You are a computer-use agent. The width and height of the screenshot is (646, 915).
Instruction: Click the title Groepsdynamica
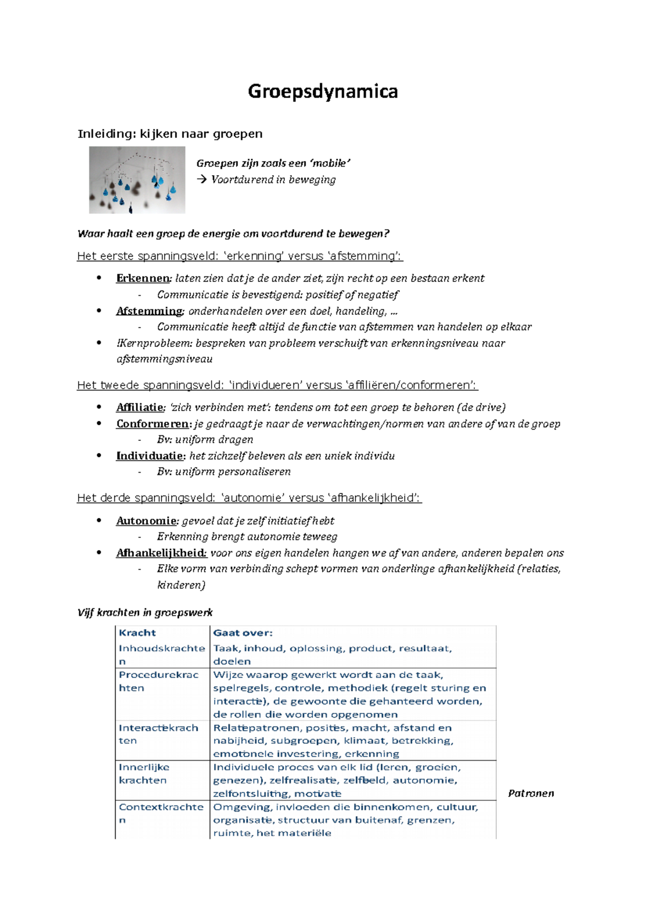322,92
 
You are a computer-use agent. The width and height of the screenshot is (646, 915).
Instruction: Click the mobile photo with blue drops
137,180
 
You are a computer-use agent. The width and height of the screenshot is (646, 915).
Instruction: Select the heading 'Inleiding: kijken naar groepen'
170,134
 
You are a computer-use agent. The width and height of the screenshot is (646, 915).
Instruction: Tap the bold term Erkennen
143,278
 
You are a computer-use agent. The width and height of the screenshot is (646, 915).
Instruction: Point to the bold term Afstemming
149,311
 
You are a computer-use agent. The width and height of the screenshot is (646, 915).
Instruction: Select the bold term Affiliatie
139,407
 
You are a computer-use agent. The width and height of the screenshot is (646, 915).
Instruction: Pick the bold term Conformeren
152,424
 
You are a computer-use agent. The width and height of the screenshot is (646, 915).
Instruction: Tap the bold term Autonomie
146,521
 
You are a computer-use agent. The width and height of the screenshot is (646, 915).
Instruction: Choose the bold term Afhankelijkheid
161,553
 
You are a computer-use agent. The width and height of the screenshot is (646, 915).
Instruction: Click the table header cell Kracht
137,633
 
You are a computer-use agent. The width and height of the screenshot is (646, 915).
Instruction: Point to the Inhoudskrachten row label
161,654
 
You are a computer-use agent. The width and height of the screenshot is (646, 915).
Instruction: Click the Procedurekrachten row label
158,681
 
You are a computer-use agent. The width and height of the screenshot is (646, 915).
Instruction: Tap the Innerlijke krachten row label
144,773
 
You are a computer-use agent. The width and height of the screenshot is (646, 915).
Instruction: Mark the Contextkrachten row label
160,813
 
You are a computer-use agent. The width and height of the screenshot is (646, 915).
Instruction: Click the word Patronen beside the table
531,793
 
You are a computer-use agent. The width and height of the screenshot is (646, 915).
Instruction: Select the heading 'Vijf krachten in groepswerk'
145,612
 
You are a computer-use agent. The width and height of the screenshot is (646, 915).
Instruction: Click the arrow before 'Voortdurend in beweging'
202,179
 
